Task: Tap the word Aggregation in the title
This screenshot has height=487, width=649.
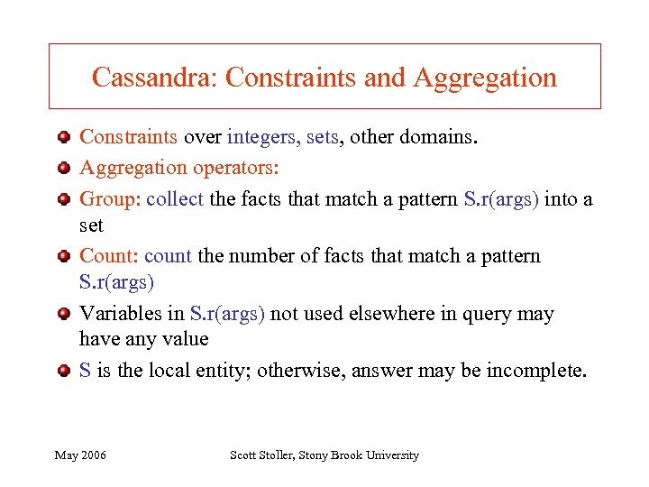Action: tap(485, 78)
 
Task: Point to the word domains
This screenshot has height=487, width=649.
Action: tap(448, 137)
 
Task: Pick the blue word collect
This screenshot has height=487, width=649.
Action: tap(175, 198)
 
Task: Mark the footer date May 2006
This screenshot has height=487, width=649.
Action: tap(80, 455)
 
